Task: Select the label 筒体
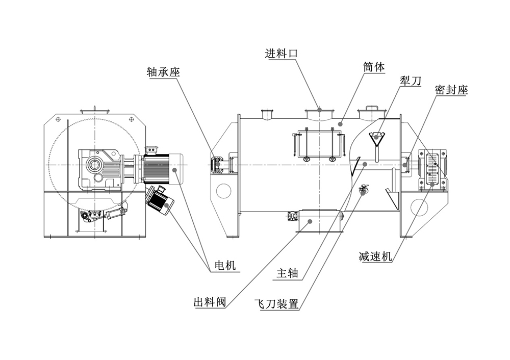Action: pyautogui.click(x=374, y=67)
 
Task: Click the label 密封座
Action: pyautogui.click(x=451, y=90)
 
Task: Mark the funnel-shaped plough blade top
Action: pyautogui.click(x=377, y=137)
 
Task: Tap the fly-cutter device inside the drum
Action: pyautogui.click(x=363, y=190)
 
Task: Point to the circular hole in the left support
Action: pyautogui.click(x=223, y=190)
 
